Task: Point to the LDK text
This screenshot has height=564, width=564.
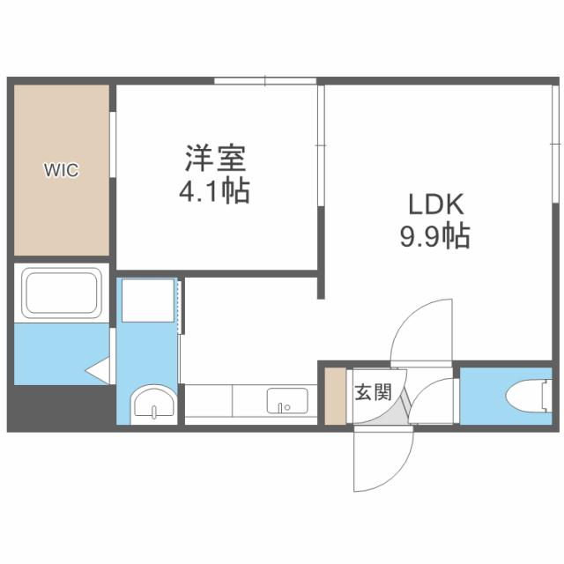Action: coord(434,204)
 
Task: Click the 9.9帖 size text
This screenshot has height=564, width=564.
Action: coord(434,236)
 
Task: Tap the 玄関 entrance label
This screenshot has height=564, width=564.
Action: coord(372,392)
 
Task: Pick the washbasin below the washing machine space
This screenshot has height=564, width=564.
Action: coord(154,406)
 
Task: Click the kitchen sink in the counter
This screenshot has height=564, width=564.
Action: coord(286,402)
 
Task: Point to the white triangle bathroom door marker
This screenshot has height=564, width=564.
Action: coord(96,371)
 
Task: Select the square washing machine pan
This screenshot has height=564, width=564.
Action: coord(149,301)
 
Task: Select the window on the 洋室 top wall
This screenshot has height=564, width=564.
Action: coord(264,82)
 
